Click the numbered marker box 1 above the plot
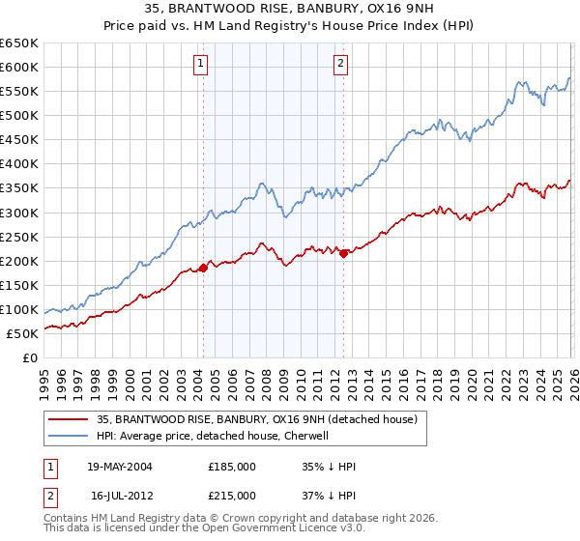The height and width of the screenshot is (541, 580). [x=200, y=65]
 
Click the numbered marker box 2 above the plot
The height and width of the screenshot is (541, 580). [x=341, y=65]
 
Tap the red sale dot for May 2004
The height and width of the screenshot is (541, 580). [x=203, y=268]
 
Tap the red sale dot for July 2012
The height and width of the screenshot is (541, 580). [x=343, y=253]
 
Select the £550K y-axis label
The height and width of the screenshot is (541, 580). [x=19, y=91]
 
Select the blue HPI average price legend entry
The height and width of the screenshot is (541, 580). [x=213, y=436]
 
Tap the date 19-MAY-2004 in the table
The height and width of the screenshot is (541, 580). [x=119, y=466]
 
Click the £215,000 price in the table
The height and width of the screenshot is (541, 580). [x=232, y=495]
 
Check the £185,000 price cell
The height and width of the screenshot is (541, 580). [x=232, y=466]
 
